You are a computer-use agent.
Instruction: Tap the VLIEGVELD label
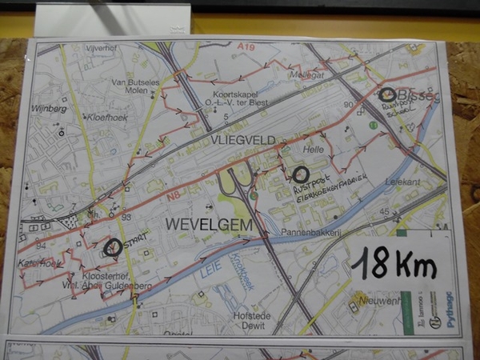tap(244, 140)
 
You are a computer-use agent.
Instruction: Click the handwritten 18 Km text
tap(393, 262)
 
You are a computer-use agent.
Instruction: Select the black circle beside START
tap(113, 247)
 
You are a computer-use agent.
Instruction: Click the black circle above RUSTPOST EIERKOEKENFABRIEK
tap(300, 174)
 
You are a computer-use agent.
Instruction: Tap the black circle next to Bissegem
tap(388, 94)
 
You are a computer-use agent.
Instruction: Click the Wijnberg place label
tap(50, 107)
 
